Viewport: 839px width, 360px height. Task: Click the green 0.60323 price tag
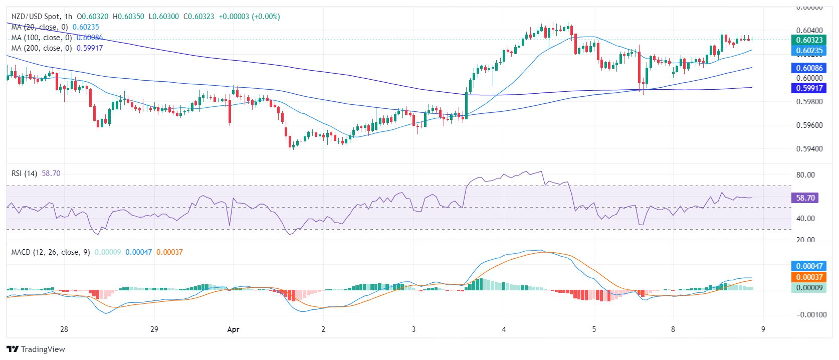tap(809, 40)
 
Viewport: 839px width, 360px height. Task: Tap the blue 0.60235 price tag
tap(809, 51)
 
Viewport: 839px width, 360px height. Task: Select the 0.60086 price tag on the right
tap(809, 68)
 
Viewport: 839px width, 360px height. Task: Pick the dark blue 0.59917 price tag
tap(809, 88)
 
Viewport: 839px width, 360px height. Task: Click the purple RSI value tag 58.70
tap(805, 198)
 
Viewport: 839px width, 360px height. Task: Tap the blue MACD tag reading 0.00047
tap(809, 266)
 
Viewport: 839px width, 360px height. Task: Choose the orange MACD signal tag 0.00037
tap(809, 277)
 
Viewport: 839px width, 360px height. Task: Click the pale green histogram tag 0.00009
tap(809, 288)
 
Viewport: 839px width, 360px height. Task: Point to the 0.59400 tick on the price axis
tap(809, 149)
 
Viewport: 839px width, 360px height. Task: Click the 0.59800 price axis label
tap(809, 102)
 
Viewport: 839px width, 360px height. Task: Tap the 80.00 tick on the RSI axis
tap(805, 175)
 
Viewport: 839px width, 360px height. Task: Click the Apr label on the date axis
tap(233, 329)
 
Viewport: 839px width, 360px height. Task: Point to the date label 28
tap(64, 329)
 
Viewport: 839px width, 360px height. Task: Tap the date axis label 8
tap(673, 329)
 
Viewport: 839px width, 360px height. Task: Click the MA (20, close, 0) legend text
tap(40, 27)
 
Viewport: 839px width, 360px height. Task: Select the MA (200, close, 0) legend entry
tap(42, 48)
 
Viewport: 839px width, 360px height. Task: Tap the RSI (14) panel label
tap(24, 173)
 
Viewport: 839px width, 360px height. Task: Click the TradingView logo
tap(36, 349)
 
